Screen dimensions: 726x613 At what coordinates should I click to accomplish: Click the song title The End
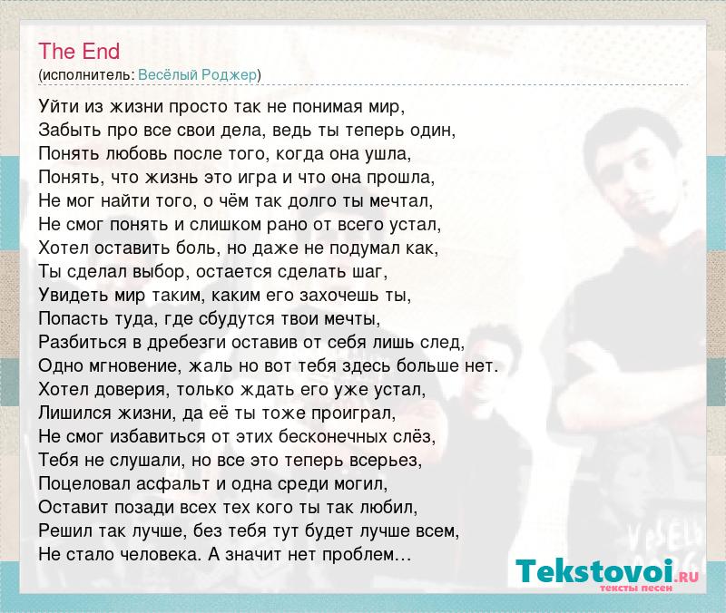tap(79, 51)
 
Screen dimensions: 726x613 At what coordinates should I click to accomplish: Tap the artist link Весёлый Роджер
tap(197, 75)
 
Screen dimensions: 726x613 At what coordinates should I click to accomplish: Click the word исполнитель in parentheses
tap(87, 75)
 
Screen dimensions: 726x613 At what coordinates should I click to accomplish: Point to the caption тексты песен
tap(636, 588)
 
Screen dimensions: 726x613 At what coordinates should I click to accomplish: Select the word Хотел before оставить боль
tap(64, 248)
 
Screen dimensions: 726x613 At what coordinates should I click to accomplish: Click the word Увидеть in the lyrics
tap(74, 296)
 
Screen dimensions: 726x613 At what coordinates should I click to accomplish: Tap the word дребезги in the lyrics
tap(187, 343)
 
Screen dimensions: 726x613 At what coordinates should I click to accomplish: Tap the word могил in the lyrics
tap(357, 484)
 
